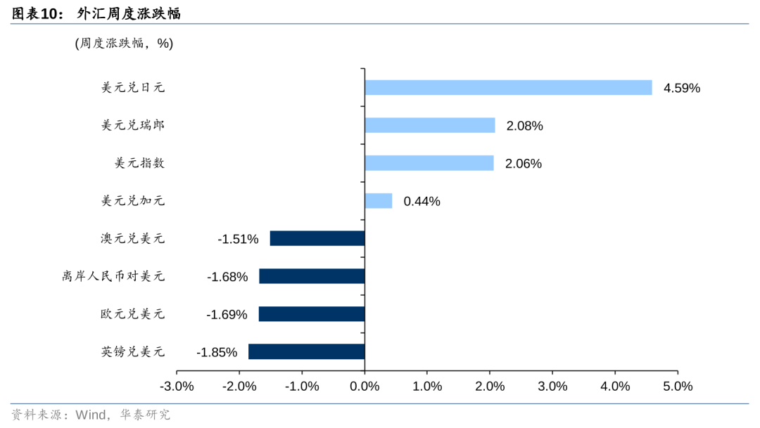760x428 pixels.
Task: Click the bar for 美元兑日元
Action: point(508,87)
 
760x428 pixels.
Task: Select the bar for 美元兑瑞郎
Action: point(430,125)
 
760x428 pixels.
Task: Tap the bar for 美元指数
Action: point(429,163)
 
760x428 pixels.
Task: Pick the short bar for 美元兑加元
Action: point(379,201)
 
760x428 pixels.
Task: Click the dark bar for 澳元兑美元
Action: point(317,238)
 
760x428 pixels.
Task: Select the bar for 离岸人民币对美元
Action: point(312,276)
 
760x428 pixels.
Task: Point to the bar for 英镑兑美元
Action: point(307,351)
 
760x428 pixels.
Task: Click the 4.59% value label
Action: point(681,88)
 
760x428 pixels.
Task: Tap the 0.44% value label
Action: point(422,202)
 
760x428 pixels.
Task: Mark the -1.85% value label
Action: point(217,352)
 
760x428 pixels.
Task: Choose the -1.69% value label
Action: point(227,315)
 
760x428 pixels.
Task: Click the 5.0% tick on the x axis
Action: point(677,387)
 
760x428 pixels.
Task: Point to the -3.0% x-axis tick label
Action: point(177,387)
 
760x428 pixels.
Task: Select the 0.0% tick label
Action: point(365,387)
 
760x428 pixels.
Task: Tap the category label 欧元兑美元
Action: point(132,314)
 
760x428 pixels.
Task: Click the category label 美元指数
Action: point(139,163)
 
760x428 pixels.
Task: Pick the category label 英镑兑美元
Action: point(132,351)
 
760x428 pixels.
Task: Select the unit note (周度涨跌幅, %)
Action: point(124,44)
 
